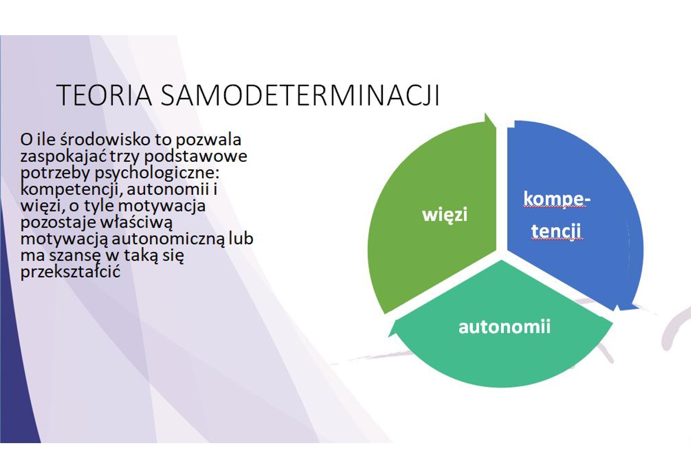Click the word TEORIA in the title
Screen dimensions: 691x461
(104, 95)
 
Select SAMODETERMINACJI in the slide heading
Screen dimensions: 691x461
(300, 95)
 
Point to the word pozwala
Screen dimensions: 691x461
(208, 141)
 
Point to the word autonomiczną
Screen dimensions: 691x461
(168, 239)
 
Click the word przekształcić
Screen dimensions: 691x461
(70, 273)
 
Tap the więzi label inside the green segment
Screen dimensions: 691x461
(445, 215)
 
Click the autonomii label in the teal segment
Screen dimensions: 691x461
(504, 327)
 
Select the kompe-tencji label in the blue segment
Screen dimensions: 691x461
(556, 215)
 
